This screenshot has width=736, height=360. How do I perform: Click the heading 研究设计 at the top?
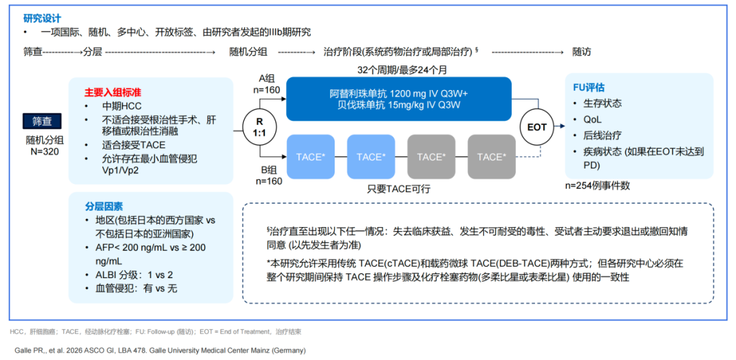pos(42,18)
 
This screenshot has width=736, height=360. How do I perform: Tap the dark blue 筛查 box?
pos(42,121)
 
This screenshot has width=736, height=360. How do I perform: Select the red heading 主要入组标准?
pos(113,91)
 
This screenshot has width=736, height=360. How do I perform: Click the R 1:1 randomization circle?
pos(259,127)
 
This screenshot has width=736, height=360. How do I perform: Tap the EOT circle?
pos(538,127)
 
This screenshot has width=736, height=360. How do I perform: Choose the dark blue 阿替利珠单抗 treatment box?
pos(398,100)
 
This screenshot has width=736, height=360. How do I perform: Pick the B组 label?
pos(267,170)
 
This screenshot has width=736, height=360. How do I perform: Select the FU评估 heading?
pos(589,88)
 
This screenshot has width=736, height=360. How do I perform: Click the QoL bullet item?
pos(593,119)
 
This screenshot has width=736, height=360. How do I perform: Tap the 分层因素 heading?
pos(104,206)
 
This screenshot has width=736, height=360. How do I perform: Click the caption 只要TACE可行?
pos(399,188)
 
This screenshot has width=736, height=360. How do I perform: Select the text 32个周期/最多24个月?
pos(402,70)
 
